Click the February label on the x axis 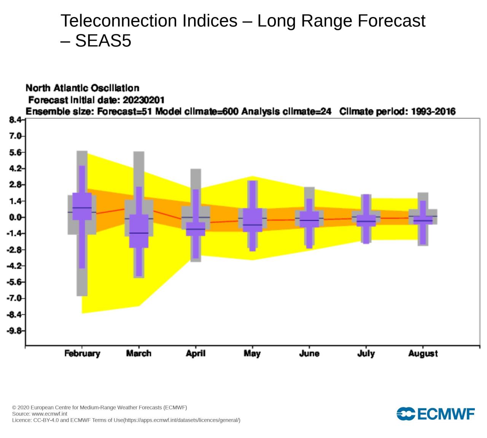coord(82,354)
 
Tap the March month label coord(139,354)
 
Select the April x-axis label coord(196,354)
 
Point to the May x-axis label coord(252,354)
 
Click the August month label coord(423,354)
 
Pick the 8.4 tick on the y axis coord(16,120)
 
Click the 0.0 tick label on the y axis coord(16,217)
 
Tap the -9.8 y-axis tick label coord(15,331)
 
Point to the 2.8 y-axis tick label coord(16,185)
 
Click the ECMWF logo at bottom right coord(436,414)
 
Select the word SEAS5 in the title coord(103,41)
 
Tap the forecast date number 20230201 coord(143,100)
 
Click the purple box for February coord(82,206)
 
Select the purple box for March coord(139,231)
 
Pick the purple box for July coord(366,221)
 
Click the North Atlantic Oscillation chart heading coord(83,88)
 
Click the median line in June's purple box coord(309,220)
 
